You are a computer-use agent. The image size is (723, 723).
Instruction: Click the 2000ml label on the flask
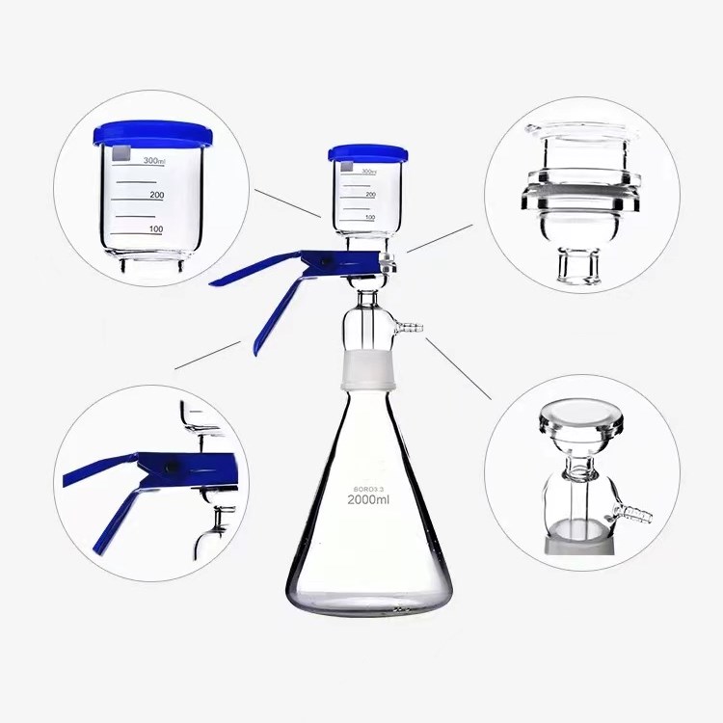click(x=369, y=499)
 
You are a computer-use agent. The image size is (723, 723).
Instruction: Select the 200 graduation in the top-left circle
click(x=156, y=195)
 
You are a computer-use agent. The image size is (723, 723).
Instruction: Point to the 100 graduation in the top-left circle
click(x=155, y=229)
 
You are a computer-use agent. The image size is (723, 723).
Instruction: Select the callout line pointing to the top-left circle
click(x=287, y=202)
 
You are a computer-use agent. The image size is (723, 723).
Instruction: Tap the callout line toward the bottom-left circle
click(x=207, y=355)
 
